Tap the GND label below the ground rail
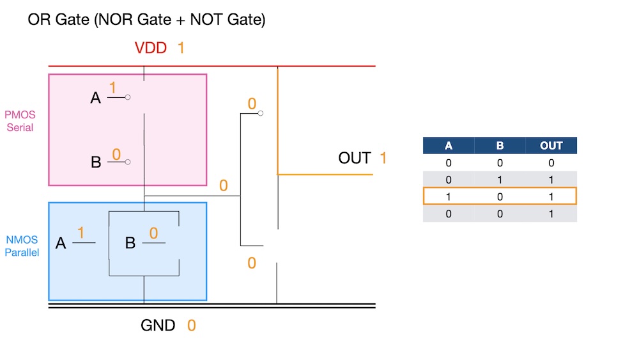coord(158,325)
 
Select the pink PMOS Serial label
coord(20,121)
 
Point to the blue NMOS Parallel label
coord(22,246)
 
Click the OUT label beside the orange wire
coord(355,158)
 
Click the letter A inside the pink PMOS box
coord(96,98)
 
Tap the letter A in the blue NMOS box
coord(61,243)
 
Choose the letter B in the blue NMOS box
coord(130,243)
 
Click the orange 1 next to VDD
coord(181,48)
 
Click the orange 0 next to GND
coord(191,325)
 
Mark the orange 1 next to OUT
coord(383,158)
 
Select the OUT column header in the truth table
coord(551,146)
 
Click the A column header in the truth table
coord(449,146)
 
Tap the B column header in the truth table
coord(500,146)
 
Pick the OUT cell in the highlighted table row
coord(551,196)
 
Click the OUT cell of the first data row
coord(551,162)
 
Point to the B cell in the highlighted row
coord(500,196)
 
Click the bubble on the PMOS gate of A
coord(128,98)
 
